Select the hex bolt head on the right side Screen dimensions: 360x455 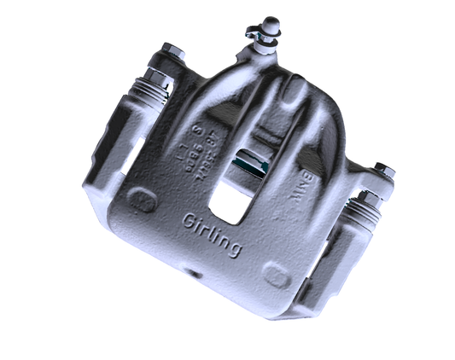point(384,171)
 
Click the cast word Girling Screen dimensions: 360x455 point(211,233)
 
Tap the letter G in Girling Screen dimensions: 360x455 point(190,221)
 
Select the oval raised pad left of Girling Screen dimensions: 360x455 point(141,200)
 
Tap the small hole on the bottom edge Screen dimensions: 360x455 point(193,275)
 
